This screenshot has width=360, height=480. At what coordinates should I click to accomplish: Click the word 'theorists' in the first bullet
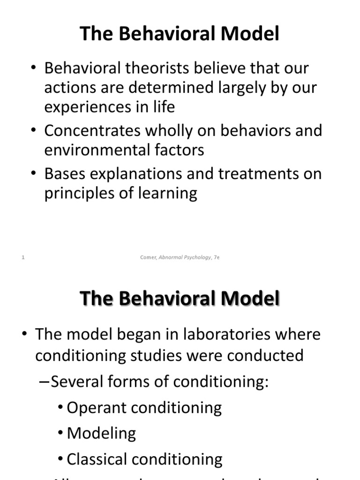click(150, 68)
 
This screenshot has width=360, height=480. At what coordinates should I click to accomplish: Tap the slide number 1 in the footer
click(23, 257)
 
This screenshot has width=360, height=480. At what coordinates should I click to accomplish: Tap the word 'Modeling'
click(101, 433)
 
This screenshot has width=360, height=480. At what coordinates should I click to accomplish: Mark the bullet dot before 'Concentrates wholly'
click(34, 130)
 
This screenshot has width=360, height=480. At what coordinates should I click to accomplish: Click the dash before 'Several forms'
click(43, 382)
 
